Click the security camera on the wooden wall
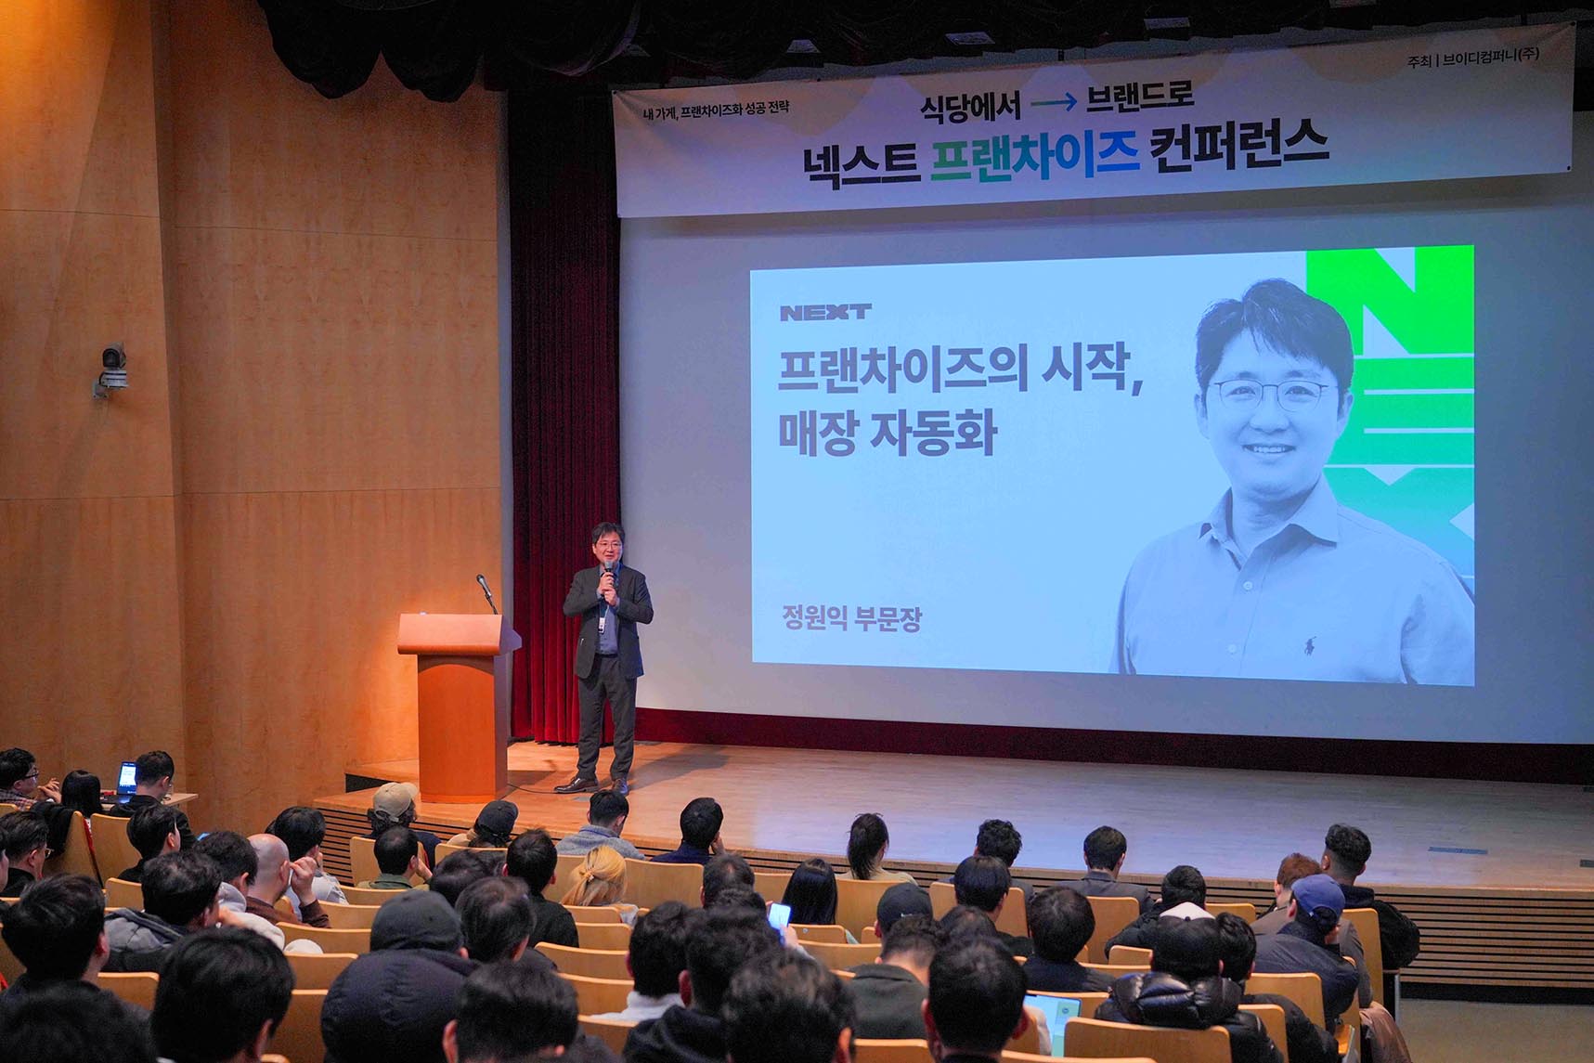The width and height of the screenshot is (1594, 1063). click(x=111, y=369)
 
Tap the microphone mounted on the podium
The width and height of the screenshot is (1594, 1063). click(x=486, y=592)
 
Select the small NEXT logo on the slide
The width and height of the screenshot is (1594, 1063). click(x=825, y=312)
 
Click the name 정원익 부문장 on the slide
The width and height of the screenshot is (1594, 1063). click(x=852, y=618)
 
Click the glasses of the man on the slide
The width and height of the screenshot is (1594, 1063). click(x=1274, y=394)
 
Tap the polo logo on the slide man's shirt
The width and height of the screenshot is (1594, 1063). click(x=1310, y=643)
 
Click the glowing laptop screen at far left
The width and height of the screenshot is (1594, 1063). click(x=127, y=777)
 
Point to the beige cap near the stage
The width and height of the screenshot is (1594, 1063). click(x=394, y=799)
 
